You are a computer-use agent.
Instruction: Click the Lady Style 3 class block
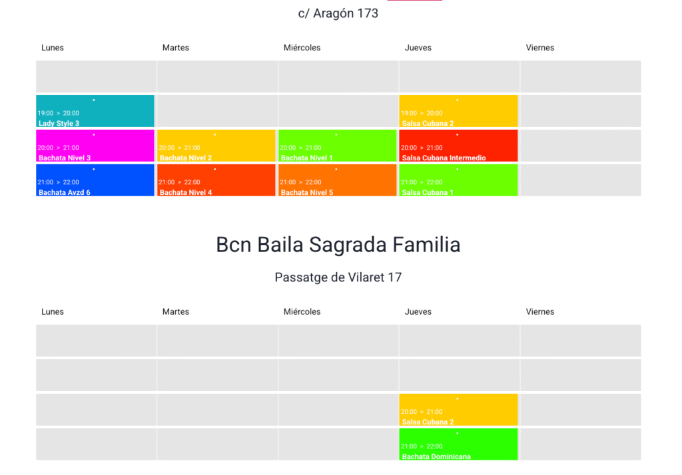click(95, 111)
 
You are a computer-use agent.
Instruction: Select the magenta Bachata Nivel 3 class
click(95, 146)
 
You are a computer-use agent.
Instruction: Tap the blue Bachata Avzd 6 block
click(95, 180)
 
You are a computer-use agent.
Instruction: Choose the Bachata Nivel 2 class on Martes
click(216, 146)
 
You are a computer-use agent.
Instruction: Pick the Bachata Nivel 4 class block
click(216, 180)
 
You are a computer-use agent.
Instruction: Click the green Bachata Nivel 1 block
click(338, 146)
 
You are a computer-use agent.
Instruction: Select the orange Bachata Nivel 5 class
click(338, 180)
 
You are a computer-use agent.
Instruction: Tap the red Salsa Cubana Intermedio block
click(458, 146)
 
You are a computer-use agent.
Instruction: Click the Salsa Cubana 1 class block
click(458, 180)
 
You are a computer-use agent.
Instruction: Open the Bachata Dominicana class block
click(458, 444)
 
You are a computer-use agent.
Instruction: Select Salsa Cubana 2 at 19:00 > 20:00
click(458, 111)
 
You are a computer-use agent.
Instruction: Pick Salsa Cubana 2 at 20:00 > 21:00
click(458, 410)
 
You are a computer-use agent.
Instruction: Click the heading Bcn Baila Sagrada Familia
click(338, 245)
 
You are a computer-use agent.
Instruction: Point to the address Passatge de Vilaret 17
click(338, 277)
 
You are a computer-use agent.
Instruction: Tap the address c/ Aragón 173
click(338, 13)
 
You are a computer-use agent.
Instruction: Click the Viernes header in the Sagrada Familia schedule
click(540, 312)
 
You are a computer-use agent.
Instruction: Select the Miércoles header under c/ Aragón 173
click(302, 48)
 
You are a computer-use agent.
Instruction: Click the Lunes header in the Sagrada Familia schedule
click(53, 312)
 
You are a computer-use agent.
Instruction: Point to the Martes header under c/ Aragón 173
click(176, 48)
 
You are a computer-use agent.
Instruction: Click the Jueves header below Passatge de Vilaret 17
click(418, 312)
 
